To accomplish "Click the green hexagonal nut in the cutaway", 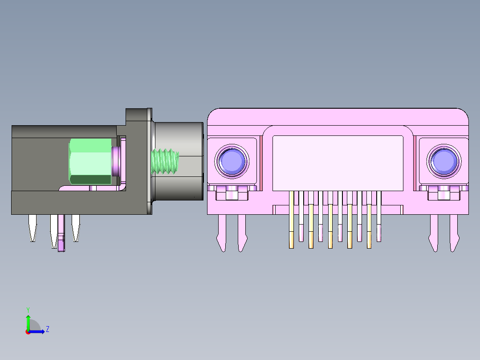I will pos(90,161).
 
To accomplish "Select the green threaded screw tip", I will pos(165,161).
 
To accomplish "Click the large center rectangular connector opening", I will pos(338,163).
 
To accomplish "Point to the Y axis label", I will pos(28,309).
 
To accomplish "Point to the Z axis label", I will pos(47,329).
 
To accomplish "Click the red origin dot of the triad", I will pos(28,332).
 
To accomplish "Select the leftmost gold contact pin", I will pos(292,218).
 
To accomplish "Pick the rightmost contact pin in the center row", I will pos(379,216).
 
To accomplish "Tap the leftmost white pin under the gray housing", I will pos(33,227).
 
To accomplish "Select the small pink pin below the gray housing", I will pos(61,234).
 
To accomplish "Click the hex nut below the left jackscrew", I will pos(232,194).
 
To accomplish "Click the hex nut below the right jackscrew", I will pos(443,194).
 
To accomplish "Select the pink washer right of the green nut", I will pos(116,161).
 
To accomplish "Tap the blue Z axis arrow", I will pos(39,331).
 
